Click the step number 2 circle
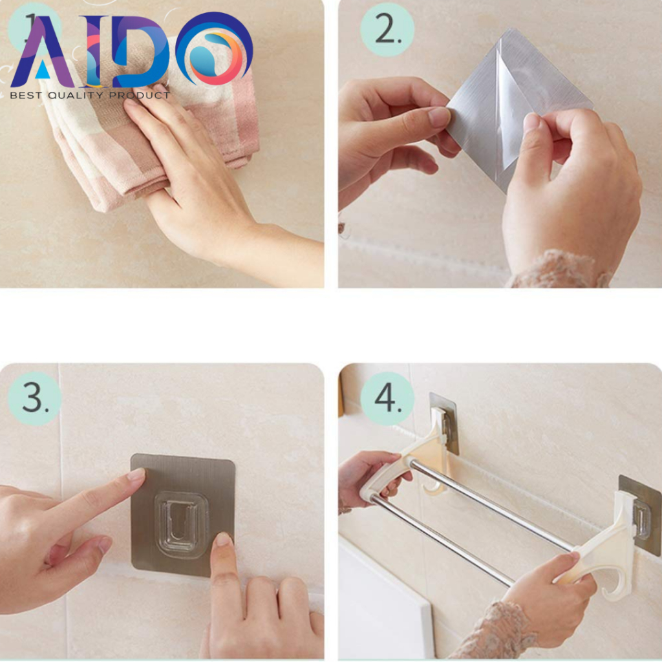[387, 30]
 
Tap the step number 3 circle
[35, 398]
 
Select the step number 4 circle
[387, 398]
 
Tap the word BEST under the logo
[26, 96]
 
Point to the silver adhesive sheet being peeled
[518, 105]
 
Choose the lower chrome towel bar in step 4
[441, 542]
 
